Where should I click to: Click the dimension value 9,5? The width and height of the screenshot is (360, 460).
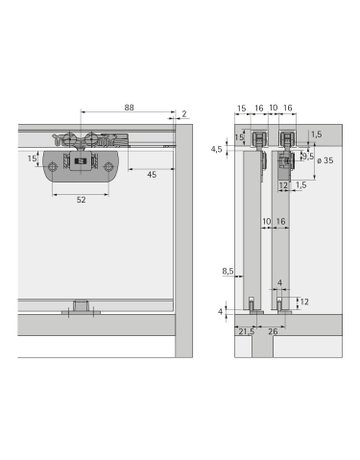[308, 156]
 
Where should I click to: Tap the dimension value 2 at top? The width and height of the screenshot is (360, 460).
[186, 113]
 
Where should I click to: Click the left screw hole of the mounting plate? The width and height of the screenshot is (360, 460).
[61, 167]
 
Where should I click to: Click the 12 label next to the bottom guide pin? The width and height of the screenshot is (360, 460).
[304, 301]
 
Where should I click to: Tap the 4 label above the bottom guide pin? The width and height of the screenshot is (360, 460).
[279, 285]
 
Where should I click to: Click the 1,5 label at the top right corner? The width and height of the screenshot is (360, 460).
[316, 132]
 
